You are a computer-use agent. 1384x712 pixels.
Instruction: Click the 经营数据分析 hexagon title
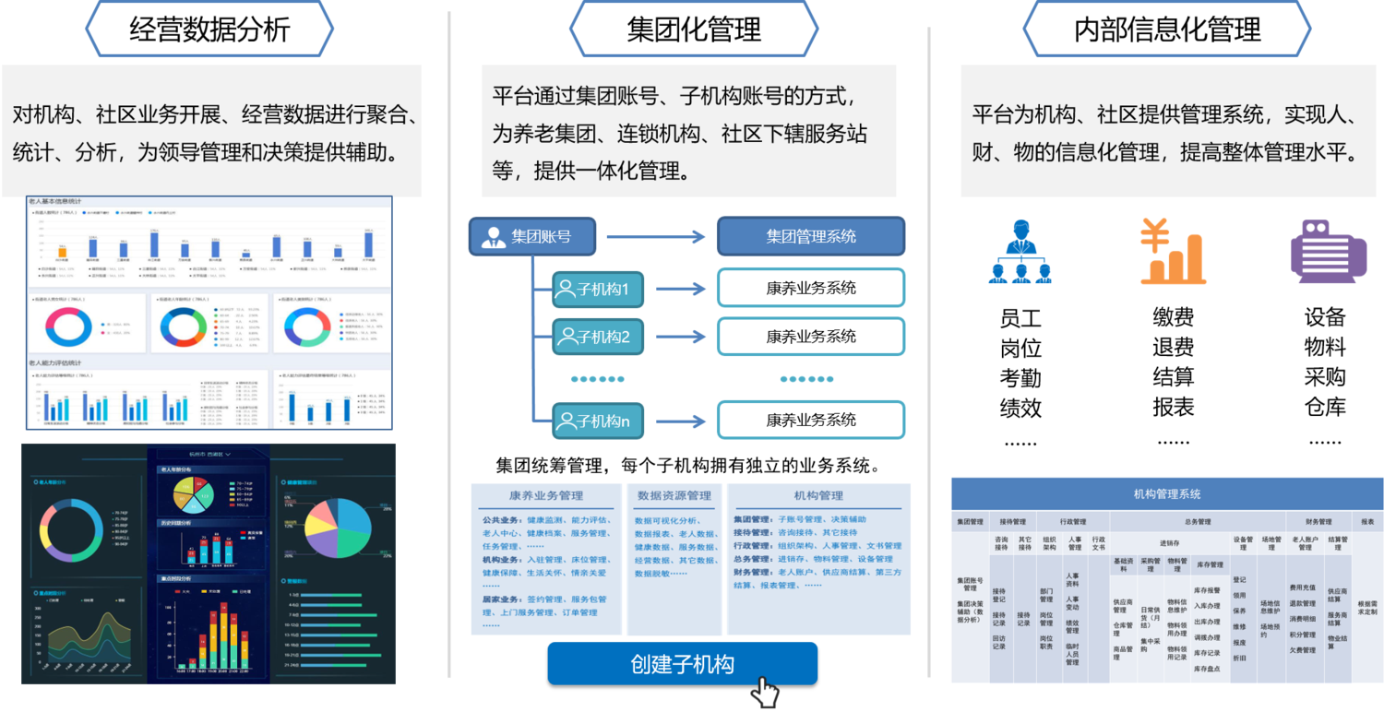click(x=209, y=29)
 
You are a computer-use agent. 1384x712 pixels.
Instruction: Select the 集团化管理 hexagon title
click(x=693, y=29)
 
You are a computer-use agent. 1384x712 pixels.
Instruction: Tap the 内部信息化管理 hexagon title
click(x=1167, y=29)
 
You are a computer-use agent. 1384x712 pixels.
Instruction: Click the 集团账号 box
click(x=532, y=236)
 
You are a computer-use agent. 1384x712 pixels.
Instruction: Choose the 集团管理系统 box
click(x=811, y=236)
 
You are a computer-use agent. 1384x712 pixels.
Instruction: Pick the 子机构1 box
click(x=598, y=289)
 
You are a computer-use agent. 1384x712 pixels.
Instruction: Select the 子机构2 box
click(x=598, y=337)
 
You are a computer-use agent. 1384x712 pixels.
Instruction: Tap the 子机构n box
click(x=598, y=421)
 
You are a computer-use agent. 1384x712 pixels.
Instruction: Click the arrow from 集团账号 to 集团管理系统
click(x=655, y=237)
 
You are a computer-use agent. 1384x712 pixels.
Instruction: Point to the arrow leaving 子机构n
click(x=680, y=421)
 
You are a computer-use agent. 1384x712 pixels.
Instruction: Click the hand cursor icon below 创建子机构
click(x=764, y=692)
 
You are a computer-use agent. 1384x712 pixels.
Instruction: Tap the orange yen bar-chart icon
click(x=1172, y=251)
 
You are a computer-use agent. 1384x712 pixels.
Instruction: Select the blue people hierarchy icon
click(x=1020, y=252)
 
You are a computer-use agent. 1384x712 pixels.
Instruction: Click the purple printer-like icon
click(x=1328, y=251)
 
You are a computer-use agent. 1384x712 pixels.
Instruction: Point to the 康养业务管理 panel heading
click(x=545, y=495)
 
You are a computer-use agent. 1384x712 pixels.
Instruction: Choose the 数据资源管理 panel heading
click(x=674, y=495)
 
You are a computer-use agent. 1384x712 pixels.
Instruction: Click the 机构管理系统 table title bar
click(x=1167, y=493)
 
